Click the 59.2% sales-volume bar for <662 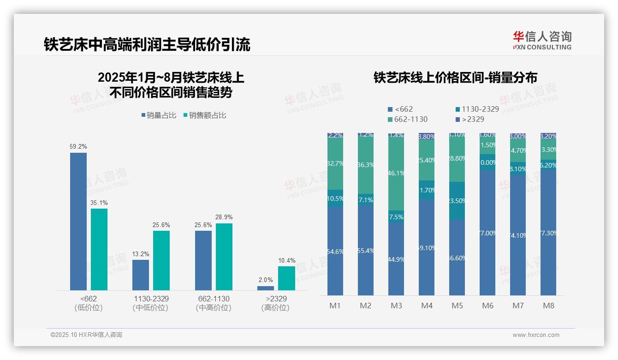(78, 222)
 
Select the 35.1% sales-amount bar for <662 (99, 249)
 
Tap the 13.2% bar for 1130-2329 (141, 275)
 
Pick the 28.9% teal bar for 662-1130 (224, 257)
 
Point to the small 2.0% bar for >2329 (266, 288)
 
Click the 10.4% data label (287, 261)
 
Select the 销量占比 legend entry (159, 115)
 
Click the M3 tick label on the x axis (396, 306)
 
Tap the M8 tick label (548, 306)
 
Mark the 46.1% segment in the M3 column (396, 174)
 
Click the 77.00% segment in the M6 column (487, 233)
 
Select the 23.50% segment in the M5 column (457, 201)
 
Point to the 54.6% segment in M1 (335, 251)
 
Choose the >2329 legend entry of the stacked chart (470, 120)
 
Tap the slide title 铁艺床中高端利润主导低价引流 (147, 45)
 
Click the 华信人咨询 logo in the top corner (542, 40)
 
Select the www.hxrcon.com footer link (536, 335)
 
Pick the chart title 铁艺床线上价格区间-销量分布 (455, 78)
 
